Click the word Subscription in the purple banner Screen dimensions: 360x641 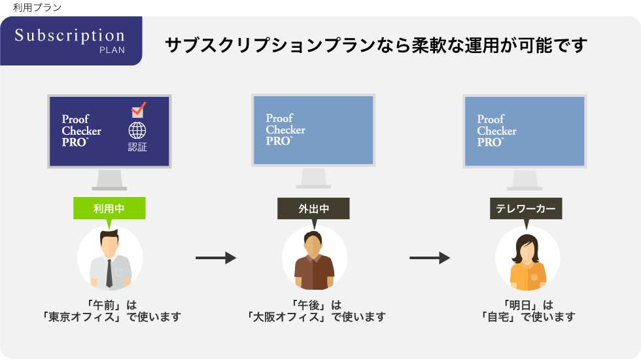tap(69, 35)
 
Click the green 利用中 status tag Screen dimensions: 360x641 tap(109, 209)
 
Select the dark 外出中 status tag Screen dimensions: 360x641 tap(313, 209)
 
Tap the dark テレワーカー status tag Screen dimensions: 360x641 tap(525, 209)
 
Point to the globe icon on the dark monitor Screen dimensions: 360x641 tap(137, 130)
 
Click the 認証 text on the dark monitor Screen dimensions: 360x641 tap(137, 147)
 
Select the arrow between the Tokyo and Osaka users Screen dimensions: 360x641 tap(215, 258)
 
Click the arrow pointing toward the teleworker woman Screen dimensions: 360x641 tap(429, 258)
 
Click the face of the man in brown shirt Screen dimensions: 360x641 tap(314, 245)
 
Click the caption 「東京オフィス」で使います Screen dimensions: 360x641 tap(110, 317)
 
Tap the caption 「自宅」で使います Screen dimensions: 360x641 tap(527, 317)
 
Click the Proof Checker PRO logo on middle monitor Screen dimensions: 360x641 tap(285, 130)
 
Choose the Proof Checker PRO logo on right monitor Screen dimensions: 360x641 tap(496, 130)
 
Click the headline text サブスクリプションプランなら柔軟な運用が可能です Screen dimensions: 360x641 tap(376, 46)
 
